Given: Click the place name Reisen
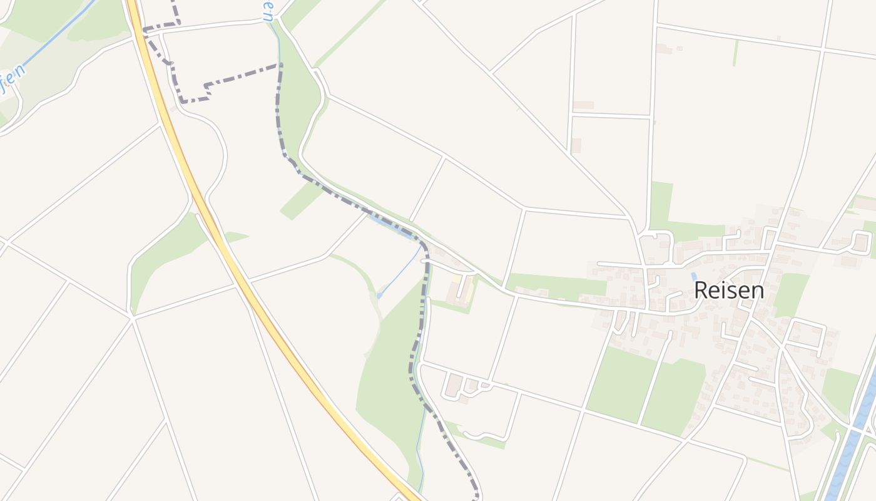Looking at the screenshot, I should click(729, 291).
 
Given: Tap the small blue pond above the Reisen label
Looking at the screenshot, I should click(693, 276).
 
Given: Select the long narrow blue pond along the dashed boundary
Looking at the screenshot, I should click(392, 226).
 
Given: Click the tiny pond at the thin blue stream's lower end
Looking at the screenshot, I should click(380, 296).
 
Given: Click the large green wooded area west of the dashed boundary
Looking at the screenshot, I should click(388, 376).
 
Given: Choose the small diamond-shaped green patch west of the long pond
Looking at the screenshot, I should click(300, 201).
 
